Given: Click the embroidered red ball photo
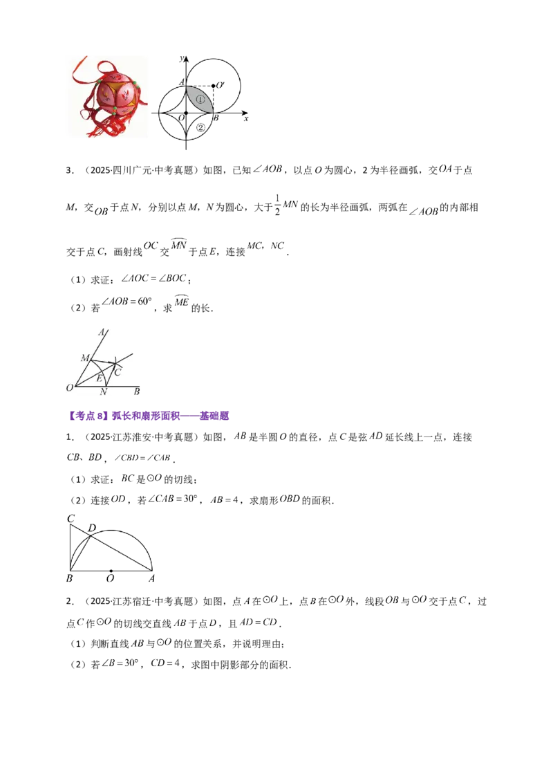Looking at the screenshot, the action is coord(109,97).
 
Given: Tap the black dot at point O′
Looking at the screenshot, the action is coord(213,86).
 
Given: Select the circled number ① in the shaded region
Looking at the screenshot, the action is coord(200,100).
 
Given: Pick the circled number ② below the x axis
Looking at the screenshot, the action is coord(200,127).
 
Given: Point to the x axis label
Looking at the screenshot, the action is coord(246,119).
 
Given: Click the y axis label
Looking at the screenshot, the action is coord(182,58).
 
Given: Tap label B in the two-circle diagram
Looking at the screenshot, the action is coord(216,118).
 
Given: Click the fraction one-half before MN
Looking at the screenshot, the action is coord(277,205).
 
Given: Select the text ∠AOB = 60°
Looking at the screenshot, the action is coord(126,302).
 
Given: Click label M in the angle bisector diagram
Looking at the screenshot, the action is coord(85,358).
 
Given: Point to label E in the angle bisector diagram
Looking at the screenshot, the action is coord(99,378).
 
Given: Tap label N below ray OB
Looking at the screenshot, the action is coord(104,392).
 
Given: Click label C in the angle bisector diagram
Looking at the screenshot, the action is coord(118,373).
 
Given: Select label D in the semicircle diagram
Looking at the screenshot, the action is coord(92,528).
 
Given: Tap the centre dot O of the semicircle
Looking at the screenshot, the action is coord(111,570).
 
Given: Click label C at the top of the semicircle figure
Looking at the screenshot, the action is coord(71,519).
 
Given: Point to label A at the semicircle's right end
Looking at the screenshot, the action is coord(151,578).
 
